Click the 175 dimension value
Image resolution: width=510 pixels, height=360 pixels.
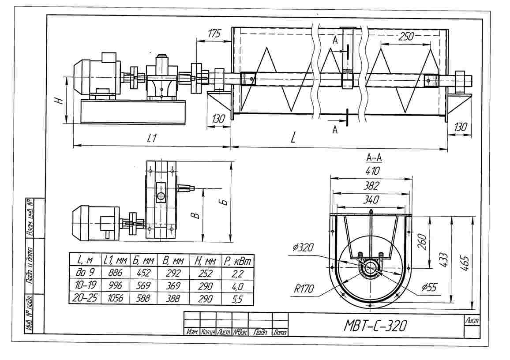click(214, 34)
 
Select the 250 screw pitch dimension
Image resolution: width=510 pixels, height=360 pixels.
click(406, 37)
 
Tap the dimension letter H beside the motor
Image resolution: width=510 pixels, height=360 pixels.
click(59, 101)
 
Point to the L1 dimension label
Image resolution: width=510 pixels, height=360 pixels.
click(152, 139)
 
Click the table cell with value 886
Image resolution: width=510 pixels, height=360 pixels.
click(115, 273)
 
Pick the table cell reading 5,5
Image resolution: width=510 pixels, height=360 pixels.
click(237, 299)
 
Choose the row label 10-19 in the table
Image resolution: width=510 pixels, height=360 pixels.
click(85, 285)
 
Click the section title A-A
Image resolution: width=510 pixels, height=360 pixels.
click(374, 158)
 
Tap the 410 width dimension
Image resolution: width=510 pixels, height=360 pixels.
click(372, 171)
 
